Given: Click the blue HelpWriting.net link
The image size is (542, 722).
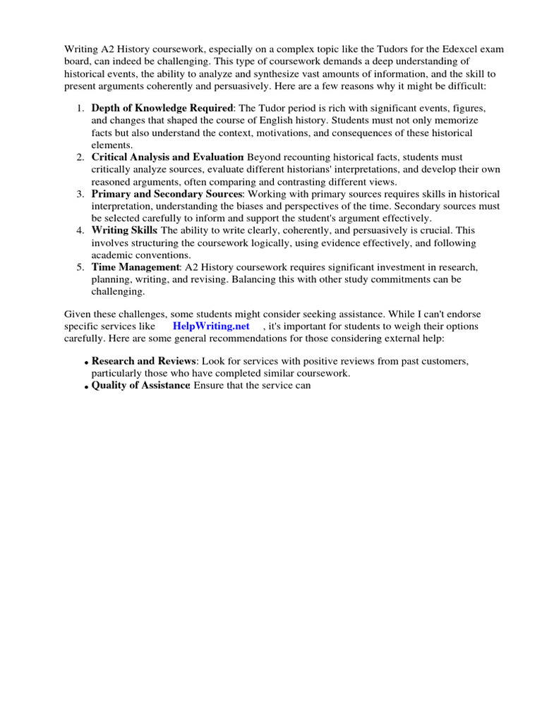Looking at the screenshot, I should pyautogui.click(x=211, y=326).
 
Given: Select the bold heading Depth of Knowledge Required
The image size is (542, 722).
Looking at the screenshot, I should pyautogui.click(x=162, y=109).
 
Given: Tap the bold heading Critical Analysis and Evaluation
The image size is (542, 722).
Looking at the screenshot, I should pyautogui.click(x=167, y=157).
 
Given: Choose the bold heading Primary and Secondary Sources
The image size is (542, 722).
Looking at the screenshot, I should pyautogui.click(x=167, y=194).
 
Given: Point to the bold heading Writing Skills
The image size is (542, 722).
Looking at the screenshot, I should pyautogui.click(x=124, y=231).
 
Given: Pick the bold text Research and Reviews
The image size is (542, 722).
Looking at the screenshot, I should pyautogui.click(x=143, y=362).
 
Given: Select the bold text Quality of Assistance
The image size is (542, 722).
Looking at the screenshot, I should pyautogui.click(x=140, y=386).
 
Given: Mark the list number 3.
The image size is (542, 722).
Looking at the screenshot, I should pyautogui.click(x=80, y=194).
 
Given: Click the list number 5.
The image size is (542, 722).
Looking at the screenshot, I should pyautogui.click(x=80, y=267).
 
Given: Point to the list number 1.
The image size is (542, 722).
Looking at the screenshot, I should pyautogui.click(x=80, y=109).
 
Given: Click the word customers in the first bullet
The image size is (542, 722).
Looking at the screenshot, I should pyautogui.click(x=447, y=362).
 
